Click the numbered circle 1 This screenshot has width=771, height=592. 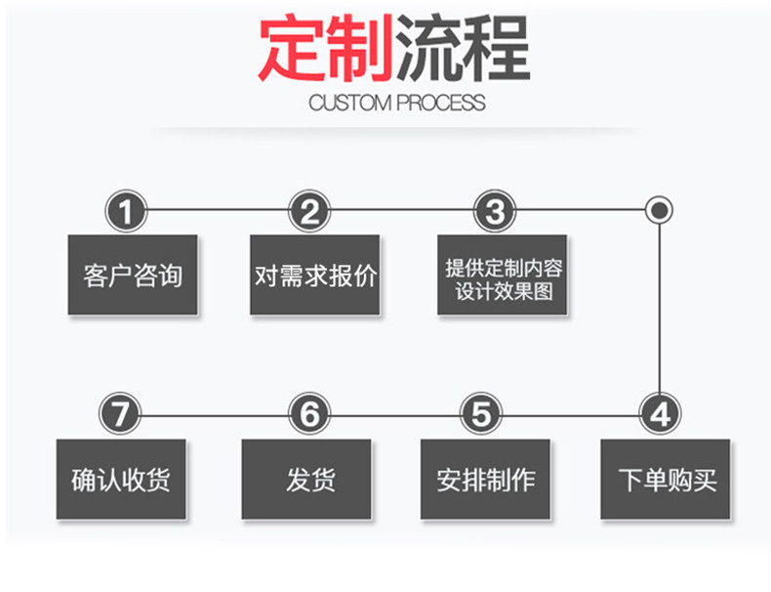(x=127, y=210)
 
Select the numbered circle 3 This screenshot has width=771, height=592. (x=495, y=210)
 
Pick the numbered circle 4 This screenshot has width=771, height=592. (x=661, y=414)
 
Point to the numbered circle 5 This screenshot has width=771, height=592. (x=480, y=414)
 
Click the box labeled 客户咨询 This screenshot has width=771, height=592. (x=132, y=275)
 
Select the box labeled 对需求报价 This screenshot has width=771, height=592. (x=314, y=275)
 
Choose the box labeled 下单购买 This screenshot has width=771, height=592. (x=665, y=479)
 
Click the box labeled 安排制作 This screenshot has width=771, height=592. (x=485, y=479)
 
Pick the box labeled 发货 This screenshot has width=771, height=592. (x=306, y=479)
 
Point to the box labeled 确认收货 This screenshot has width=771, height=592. (x=122, y=479)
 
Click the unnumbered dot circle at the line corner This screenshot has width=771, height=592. (x=661, y=209)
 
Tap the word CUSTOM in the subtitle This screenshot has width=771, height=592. (x=348, y=103)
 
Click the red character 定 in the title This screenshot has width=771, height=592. (x=291, y=49)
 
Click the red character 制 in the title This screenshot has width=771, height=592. (x=358, y=49)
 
